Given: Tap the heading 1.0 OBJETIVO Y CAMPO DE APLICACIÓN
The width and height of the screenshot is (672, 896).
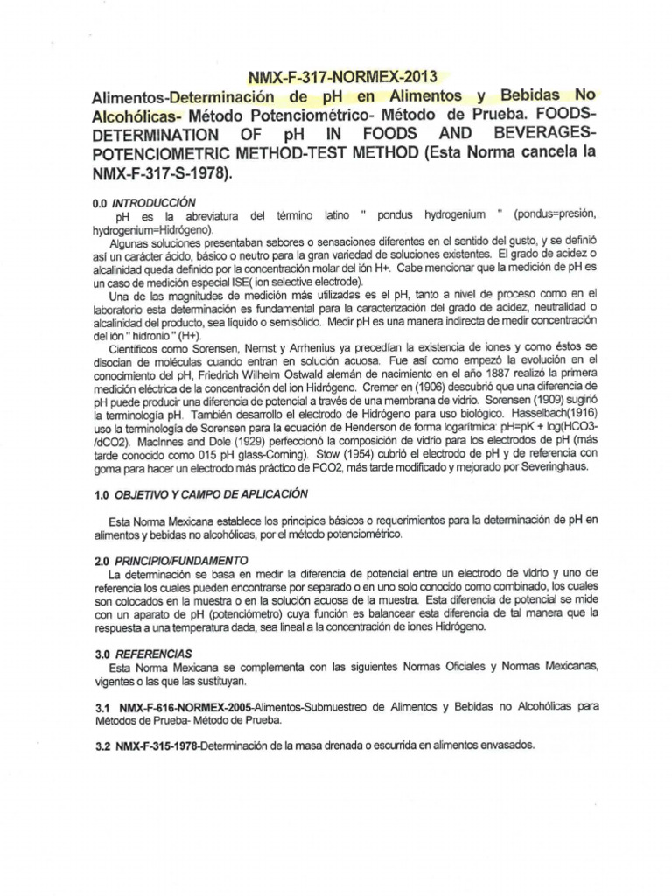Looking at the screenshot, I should click(x=200, y=493).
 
